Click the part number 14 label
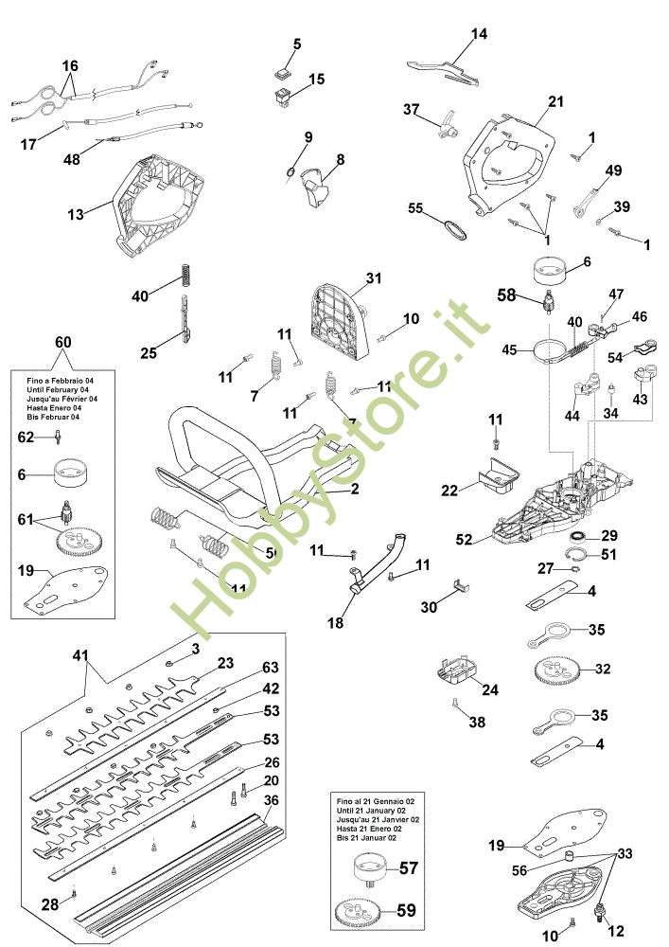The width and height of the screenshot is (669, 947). coord(480,35)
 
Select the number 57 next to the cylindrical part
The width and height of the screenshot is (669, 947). coord(408,867)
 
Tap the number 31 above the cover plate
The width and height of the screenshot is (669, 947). coord(374,278)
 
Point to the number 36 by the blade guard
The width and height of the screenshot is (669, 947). coord(272,800)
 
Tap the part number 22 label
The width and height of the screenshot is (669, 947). coord(449,490)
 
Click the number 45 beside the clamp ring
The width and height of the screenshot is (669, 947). coord(510,350)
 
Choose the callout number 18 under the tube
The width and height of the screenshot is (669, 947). coord(337,624)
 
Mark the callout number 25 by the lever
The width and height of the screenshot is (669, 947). coord(149,353)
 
